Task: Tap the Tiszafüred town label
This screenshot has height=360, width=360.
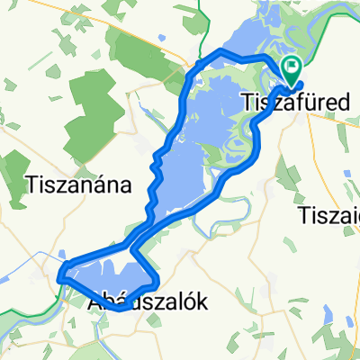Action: point(297,104)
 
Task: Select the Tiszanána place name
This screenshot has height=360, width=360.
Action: point(80,185)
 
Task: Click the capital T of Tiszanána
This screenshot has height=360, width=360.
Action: point(34,185)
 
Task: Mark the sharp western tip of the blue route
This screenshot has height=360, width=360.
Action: point(61,276)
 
